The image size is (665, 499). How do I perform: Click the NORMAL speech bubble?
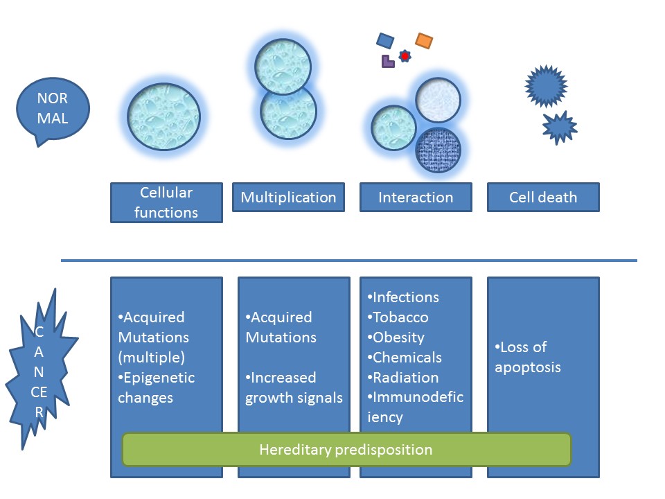[x=53, y=110]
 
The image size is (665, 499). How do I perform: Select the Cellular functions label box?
[x=166, y=202]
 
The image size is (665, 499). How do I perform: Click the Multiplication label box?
[x=288, y=198]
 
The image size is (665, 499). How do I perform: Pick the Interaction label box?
[x=416, y=198]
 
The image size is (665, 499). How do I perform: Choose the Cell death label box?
[x=543, y=198]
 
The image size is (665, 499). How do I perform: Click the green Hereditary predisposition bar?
[x=346, y=449]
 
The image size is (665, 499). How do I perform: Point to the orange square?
[x=424, y=41]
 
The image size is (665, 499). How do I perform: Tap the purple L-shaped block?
[x=388, y=62]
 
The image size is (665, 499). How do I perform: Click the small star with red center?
[x=405, y=56]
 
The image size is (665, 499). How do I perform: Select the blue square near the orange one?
[x=385, y=41]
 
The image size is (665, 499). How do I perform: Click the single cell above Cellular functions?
[x=163, y=116]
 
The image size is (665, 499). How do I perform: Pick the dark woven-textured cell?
[x=438, y=150]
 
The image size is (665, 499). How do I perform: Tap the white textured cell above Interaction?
[x=438, y=100]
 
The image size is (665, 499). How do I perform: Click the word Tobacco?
[x=400, y=317]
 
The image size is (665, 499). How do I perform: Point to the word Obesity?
[x=398, y=338]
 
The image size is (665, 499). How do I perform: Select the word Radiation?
[x=405, y=378]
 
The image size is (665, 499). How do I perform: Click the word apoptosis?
[x=528, y=367]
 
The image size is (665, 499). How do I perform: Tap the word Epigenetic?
[x=159, y=378]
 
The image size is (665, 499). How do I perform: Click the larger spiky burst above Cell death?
[x=547, y=86]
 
